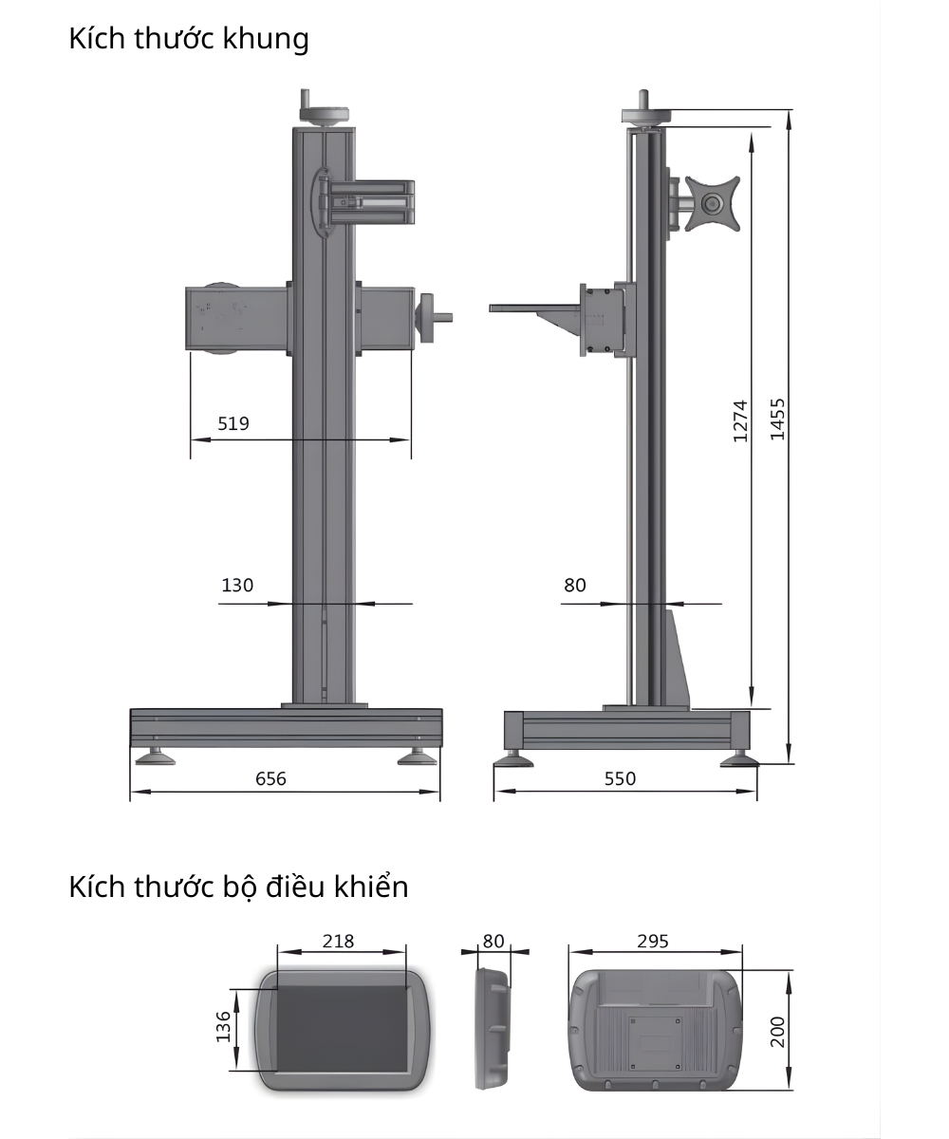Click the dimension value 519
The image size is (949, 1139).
(x=233, y=423)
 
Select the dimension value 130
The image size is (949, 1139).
(x=237, y=586)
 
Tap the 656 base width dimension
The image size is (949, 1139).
(x=270, y=778)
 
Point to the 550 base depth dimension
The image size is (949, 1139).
(x=620, y=778)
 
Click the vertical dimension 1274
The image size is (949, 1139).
(x=741, y=420)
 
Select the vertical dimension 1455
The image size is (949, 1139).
(x=777, y=418)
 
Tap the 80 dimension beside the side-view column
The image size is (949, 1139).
(x=575, y=586)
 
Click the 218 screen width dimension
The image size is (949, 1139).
(x=338, y=941)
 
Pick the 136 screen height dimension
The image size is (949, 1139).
(x=224, y=1028)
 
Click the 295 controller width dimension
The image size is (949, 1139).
(x=653, y=941)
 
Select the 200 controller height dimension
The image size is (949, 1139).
(x=777, y=1031)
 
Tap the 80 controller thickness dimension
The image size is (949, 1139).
(x=493, y=941)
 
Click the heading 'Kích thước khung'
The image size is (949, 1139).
(x=189, y=39)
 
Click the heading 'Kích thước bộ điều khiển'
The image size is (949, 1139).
(x=238, y=887)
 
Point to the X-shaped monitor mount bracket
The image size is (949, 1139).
(x=712, y=202)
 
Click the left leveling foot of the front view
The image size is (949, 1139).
(x=154, y=756)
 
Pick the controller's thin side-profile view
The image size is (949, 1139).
(x=493, y=1028)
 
